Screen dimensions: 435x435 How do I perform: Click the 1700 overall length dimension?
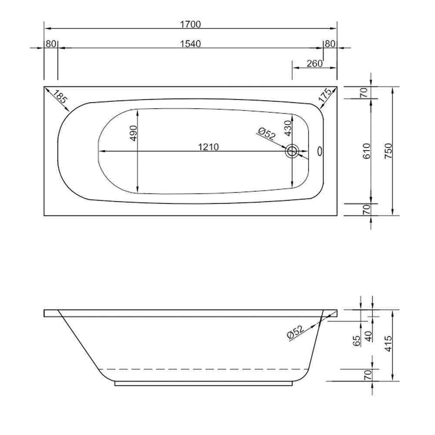(x=190, y=24)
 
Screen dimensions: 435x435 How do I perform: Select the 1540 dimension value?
(x=190, y=44)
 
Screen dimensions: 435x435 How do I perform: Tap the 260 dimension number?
(x=314, y=64)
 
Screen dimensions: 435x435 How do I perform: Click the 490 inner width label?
(x=133, y=133)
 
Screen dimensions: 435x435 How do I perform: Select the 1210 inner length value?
(x=208, y=147)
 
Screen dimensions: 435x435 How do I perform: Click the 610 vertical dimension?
(x=366, y=151)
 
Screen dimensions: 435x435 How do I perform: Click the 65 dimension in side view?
(x=357, y=341)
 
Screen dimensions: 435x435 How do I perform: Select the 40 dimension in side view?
(x=368, y=336)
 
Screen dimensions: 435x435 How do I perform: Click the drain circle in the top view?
(x=292, y=151)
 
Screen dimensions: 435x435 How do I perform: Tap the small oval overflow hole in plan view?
(x=321, y=151)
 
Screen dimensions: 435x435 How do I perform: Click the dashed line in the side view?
(x=204, y=369)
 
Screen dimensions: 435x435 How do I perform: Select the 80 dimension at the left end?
(x=50, y=44)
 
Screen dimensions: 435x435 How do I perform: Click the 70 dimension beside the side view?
(x=367, y=374)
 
